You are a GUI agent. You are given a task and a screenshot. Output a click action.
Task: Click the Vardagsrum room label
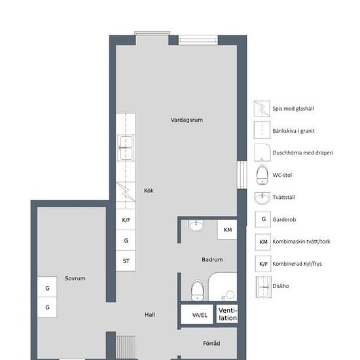187,120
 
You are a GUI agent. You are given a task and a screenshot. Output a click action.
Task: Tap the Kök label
149,190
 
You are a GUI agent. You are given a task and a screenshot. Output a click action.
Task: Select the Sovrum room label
75,278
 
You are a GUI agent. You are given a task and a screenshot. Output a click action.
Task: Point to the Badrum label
212,259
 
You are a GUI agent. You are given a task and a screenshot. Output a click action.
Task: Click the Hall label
150,315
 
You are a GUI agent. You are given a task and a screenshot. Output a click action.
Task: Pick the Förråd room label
211,343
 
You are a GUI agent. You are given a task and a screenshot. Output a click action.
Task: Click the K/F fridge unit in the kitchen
126,220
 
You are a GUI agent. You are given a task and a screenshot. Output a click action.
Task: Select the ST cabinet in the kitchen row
126,261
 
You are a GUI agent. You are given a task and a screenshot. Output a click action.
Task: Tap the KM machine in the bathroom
227,230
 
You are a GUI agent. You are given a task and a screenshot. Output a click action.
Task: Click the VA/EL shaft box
197,314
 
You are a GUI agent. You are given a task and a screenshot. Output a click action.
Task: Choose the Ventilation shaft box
227,314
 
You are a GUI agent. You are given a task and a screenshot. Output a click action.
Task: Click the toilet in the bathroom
197,290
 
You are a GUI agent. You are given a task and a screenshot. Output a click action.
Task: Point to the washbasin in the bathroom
196,225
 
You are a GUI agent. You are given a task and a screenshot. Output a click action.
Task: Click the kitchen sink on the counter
126,148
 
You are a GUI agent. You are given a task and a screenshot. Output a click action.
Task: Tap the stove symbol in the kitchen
126,192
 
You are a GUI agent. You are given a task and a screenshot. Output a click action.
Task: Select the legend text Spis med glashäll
293,109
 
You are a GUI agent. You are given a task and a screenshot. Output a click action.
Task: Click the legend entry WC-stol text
282,175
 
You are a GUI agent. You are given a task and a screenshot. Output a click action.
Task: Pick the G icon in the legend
263,219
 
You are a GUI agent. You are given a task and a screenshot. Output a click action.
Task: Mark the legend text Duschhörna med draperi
302,153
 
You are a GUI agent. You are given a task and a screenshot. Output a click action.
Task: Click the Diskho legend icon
264,287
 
